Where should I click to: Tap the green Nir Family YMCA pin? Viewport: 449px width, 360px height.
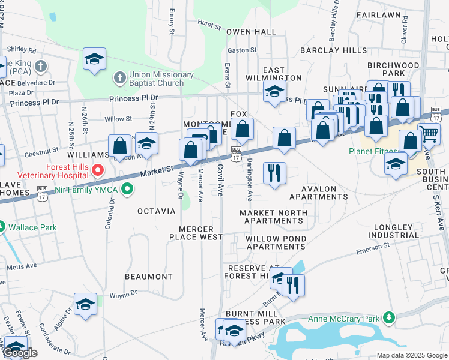(x=127, y=190)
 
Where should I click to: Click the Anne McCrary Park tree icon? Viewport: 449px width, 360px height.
(x=390, y=318)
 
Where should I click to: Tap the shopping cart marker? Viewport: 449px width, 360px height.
(x=429, y=134)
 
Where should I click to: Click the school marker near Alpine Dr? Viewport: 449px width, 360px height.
(x=85, y=304)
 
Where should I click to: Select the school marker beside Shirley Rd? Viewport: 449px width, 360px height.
(x=94, y=59)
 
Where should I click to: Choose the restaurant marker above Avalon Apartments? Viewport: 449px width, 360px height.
(x=274, y=173)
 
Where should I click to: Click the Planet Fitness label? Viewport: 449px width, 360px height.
(x=373, y=151)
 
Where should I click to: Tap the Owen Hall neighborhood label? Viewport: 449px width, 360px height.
(x=251, y=32)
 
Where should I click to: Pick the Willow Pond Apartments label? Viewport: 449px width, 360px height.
(x=276, y=242)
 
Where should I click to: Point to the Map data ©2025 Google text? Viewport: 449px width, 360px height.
(x=412, y=355)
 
